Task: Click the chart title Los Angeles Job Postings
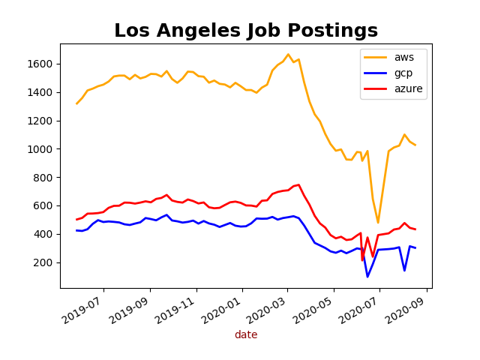pos(246,31)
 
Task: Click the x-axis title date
pos(246,335)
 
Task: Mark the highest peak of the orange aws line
pos(288,54)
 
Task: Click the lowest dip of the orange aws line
pos(378,223)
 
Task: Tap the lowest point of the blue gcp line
pos(367,277)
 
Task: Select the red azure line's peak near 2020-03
pos(298,184)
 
